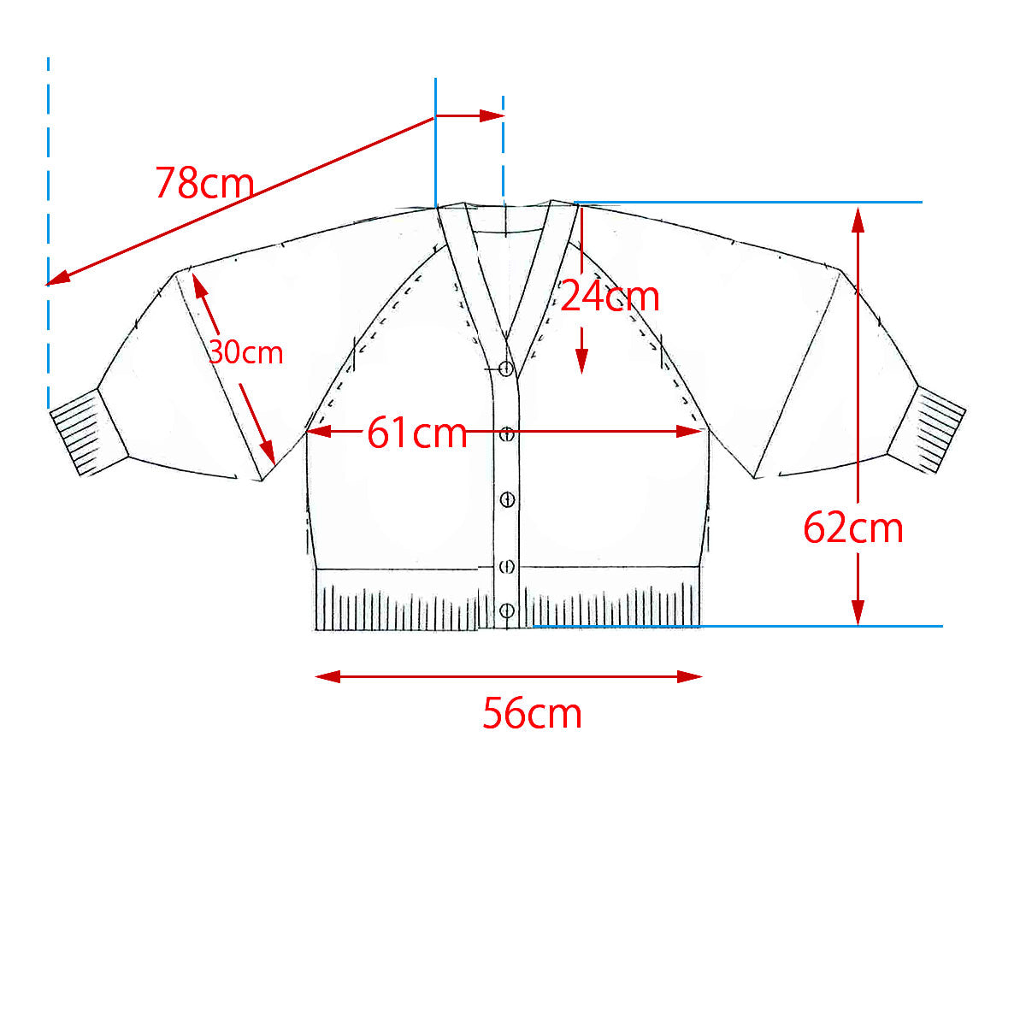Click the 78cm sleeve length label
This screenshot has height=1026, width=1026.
[x=205, y=183]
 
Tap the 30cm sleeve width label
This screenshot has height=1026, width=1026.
[x=245, y=352]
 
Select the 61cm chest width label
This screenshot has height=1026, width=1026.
[x=417, y=433]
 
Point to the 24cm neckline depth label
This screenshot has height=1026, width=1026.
[x=610, y=297]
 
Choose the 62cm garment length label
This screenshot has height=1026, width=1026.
[x=853, y=528]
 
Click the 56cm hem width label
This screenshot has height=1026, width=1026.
[x=532, y=714]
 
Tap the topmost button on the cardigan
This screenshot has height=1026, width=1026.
[x=506, y=368]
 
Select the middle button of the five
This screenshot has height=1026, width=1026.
[x=507, y=499]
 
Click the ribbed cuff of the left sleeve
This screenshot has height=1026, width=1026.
[x=89, y=432]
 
